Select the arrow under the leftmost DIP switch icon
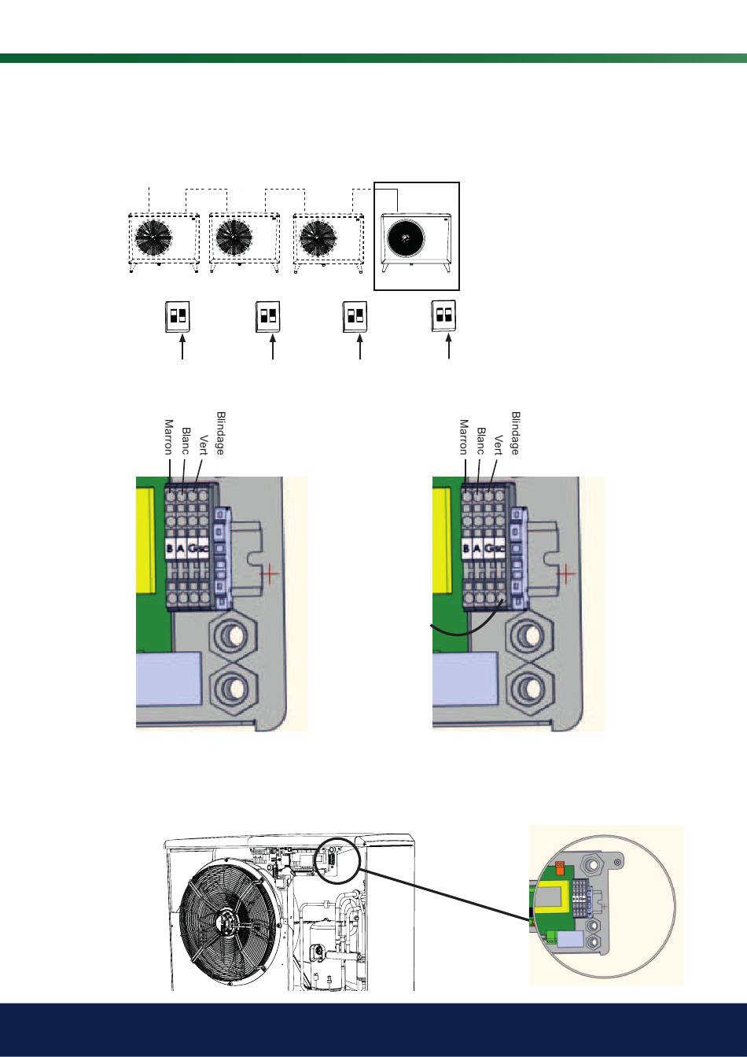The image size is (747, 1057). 182,348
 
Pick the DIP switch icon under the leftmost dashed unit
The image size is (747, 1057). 178,316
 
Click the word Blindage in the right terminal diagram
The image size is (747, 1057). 516,433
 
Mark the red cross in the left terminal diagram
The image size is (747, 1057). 270,573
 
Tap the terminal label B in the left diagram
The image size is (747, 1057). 169,549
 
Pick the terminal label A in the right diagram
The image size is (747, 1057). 477,549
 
